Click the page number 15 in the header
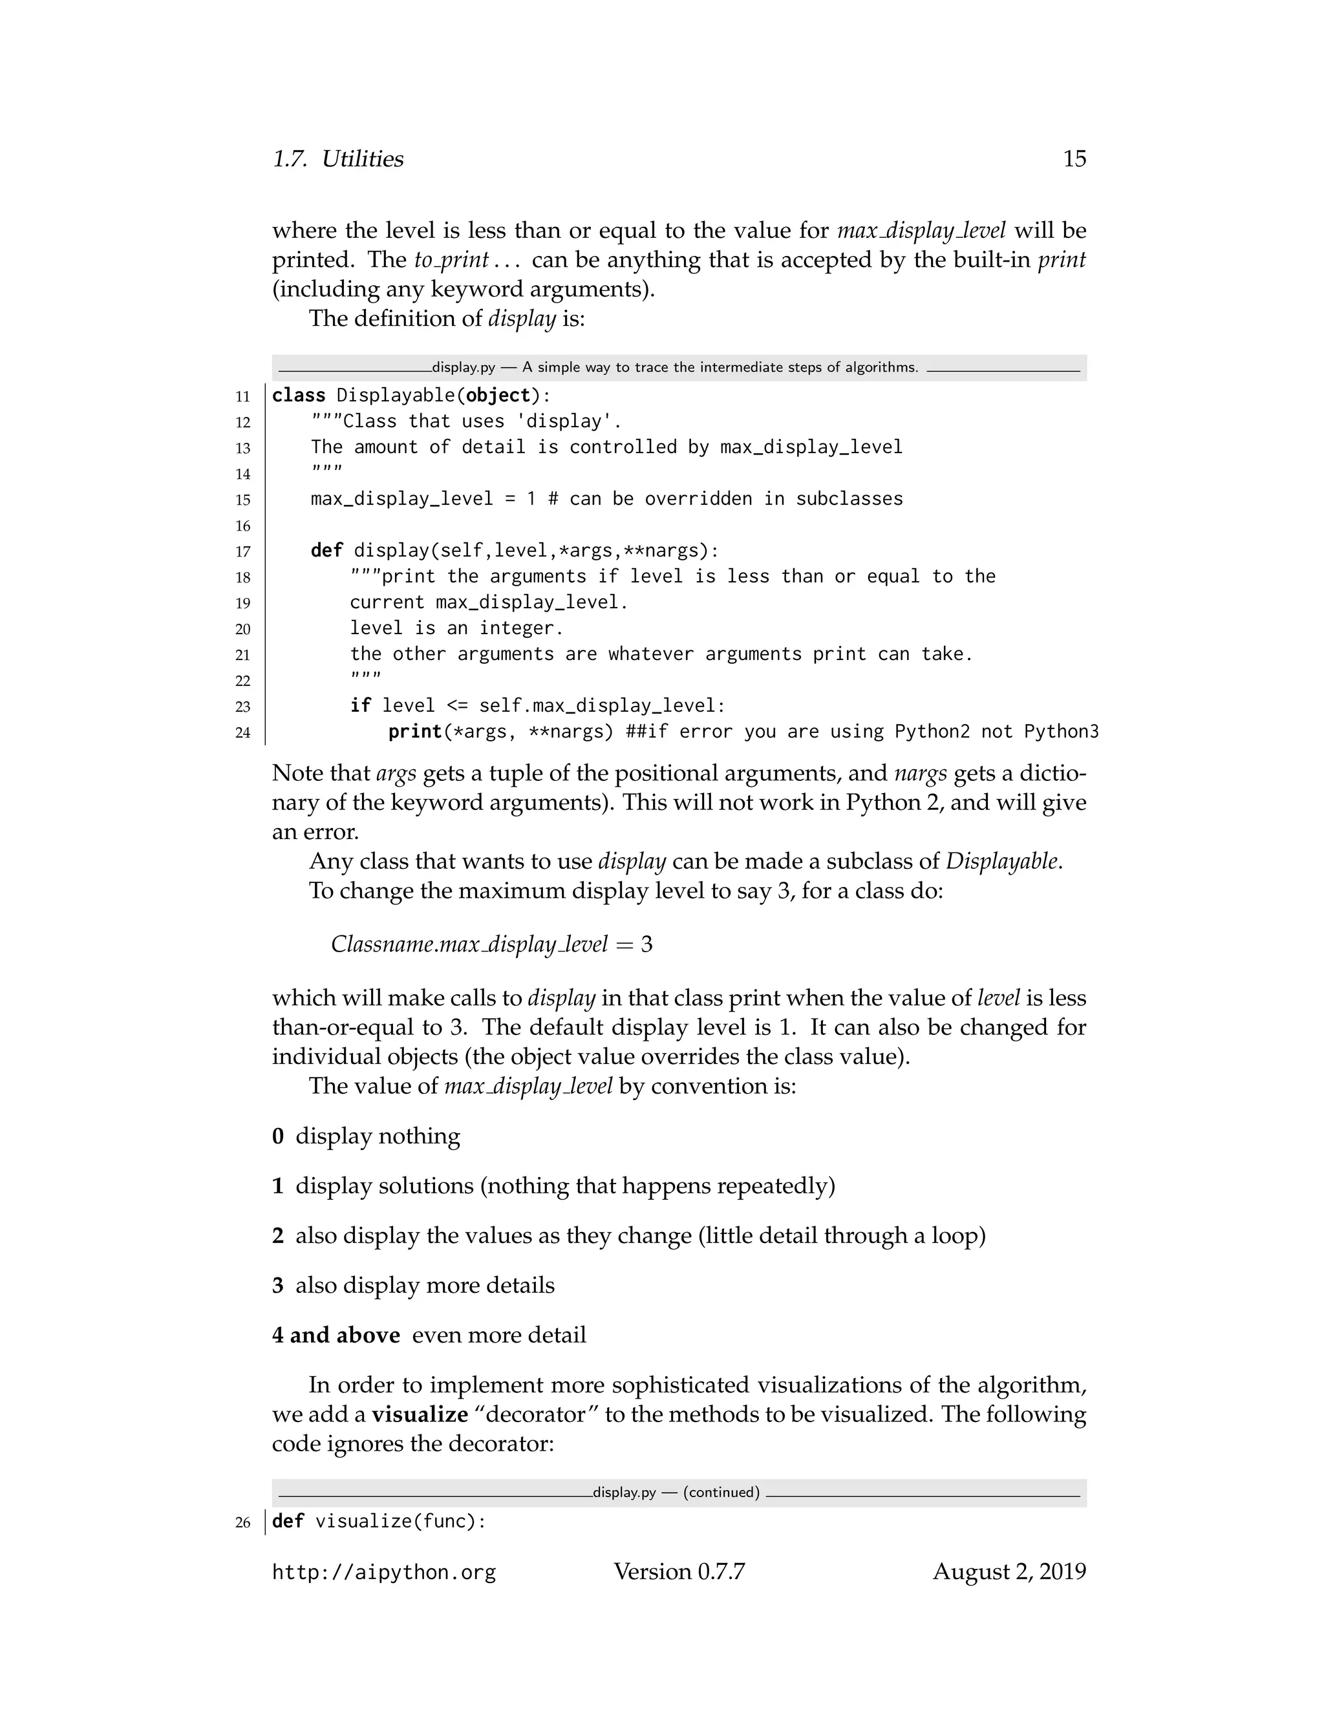(1074, 159)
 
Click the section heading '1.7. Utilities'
(337, 159)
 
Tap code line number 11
(242, 397)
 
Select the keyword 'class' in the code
(298, 396)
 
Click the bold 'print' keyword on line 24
(415, 732)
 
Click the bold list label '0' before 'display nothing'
(277, 1136)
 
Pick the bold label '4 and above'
(336, 1335)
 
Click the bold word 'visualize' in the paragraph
(420, 1415)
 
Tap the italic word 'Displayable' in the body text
(1003, 861)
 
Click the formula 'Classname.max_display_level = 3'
(491, 944)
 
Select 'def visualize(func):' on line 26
(379, 1522)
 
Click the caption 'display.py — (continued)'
(676, 1493)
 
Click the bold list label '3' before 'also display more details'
(277, 1286)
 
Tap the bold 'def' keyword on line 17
(326, 551)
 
